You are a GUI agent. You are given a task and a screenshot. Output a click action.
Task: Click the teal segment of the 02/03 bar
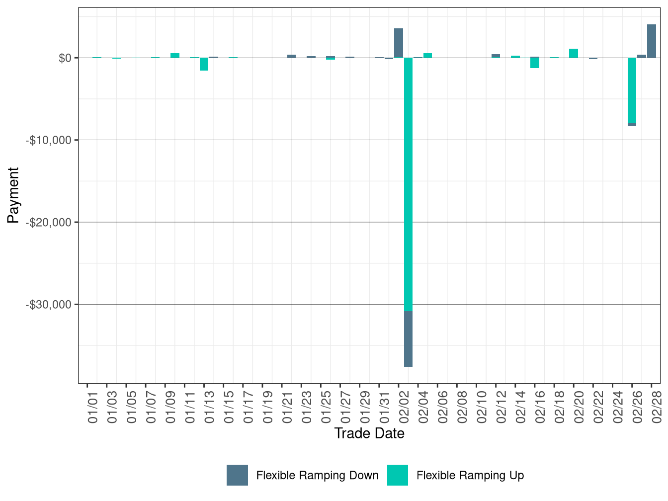pyautogui.click(x=408, y=184)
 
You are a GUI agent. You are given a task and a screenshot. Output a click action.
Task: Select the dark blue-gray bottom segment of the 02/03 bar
pyautogui.click(x=408, y=339)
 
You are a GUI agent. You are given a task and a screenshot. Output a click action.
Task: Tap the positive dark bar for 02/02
pyautogui.click(x=399, y=43)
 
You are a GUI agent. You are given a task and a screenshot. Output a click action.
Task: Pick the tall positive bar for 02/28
pyautogui.click(x=652, y=41)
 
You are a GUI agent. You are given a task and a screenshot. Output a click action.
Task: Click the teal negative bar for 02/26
pyautogui.click(x=632, y=90)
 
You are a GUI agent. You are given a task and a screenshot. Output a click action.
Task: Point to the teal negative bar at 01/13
pyautogui.click(x=204, y=64)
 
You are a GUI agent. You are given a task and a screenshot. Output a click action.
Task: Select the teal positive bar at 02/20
pyautogui.click(x=574, y=53)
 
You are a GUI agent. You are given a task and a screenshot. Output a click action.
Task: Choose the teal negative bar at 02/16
pyautogui.click(x=535, y=63)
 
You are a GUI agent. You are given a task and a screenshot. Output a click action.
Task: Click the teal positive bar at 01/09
pyautogui.click(x=175, y=55)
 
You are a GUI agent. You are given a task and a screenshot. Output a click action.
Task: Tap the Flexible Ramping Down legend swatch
pyautogui.click(x=237, y=475)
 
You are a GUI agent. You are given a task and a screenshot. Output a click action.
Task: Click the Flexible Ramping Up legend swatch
pyautogui.click(x=397, y=475)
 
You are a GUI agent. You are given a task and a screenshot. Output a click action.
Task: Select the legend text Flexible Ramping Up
pyautogui.click(x=470, y=476)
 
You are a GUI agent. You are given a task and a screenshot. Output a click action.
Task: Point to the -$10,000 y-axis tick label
pyautogui.click(x=49, y=140)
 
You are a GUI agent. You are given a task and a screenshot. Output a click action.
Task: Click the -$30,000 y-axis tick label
pyautogui.click(x=49, y=304)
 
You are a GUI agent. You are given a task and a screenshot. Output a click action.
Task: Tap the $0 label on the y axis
pyautogui.click(x=65, y=58)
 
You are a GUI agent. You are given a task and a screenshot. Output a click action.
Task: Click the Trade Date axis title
pyautogui.click(x=369, y=433)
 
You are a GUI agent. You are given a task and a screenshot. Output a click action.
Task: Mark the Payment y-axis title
pyautogui.click(x=13, y=195)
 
